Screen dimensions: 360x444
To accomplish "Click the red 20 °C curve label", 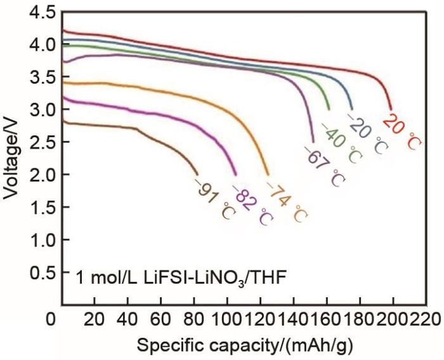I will point(402,131).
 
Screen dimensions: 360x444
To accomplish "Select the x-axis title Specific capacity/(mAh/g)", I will point(245,346).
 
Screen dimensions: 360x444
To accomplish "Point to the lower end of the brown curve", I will point(198,175).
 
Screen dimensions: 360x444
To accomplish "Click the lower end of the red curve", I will point(391,110).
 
